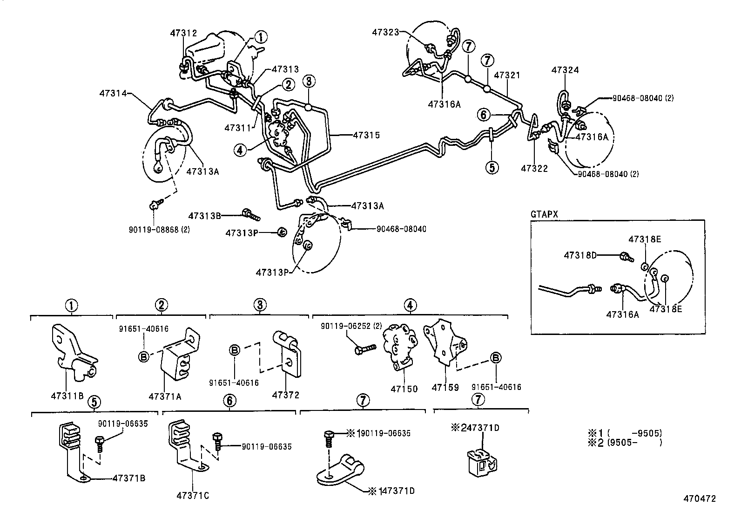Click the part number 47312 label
click(x=183, y=33)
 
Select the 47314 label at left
click(x=113, y=93)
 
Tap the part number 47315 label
click(x=366, y=136)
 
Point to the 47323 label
click(x=386, y=32)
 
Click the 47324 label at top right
click(x=565, y=70)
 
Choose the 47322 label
click(x=534, y=168)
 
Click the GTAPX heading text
click(x=544, y=214)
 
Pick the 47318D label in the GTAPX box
click(x=580, y=255)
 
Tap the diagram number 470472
click(x=699, y=498)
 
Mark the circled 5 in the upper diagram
click(x=492, y=166)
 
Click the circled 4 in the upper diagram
click(x=240, y=150)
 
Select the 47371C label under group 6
click(x=192, y=495)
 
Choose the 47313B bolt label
click(x=204, y=216)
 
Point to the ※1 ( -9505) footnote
click(x=624, y=433)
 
